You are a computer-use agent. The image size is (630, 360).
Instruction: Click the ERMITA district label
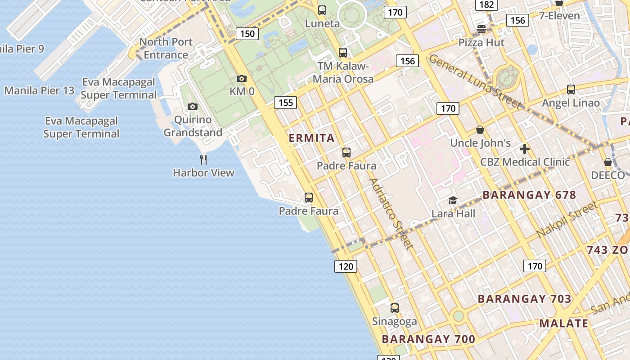click(x=311, y=138)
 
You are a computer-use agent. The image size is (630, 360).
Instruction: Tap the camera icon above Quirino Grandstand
click(x=193, y=107)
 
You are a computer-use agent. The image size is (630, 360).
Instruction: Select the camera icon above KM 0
click(x=242, y=79)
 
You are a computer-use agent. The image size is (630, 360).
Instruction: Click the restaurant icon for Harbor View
click(x=203, y=159)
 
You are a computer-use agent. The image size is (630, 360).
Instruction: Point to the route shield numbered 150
click(x=247, y=34)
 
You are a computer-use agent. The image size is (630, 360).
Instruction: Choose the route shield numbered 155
click(x=286, y=103)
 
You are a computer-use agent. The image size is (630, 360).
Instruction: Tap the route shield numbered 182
click(x=486, y=5)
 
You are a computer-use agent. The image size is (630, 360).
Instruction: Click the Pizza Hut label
click(x=481, y=43)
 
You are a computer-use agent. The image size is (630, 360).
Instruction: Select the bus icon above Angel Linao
click(x=571, y=90)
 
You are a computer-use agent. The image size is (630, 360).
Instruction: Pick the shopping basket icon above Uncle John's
click(x=480, y=130)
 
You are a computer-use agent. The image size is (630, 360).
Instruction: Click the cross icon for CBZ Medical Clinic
click(x=524, y=149)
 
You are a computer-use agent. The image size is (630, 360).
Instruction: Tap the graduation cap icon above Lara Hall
click(x=453, y=200)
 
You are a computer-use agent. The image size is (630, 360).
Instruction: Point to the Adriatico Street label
click(x=390, y=214)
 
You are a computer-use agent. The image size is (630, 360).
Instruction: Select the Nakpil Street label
click(x=567, y=220)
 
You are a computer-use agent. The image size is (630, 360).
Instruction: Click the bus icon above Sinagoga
click(x=394, y=308)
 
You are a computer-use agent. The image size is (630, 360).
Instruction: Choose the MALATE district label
click(x=564, y=323)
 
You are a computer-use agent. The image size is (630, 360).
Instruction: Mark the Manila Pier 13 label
click(x=39, y=90)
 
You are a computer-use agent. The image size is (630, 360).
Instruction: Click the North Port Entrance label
click(x=166, y=49)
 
